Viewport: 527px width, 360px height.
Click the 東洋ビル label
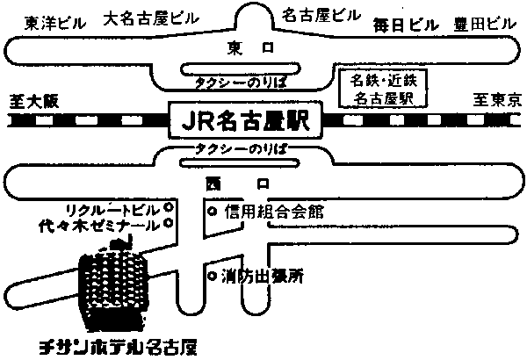[x=52, y=23]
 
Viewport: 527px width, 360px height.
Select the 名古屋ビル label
[x=321, y=16]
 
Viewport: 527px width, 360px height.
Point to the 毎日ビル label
[x=405, y=23]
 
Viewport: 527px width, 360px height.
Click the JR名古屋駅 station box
[x=244, y=119]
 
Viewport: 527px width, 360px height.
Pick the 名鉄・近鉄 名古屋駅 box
[x=383, y=89]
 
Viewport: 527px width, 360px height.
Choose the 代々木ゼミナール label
[x=105, y=225]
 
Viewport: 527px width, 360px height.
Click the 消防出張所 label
[x=263, y=276]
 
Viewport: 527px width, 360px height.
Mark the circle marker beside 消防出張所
[x=211, y=276]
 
